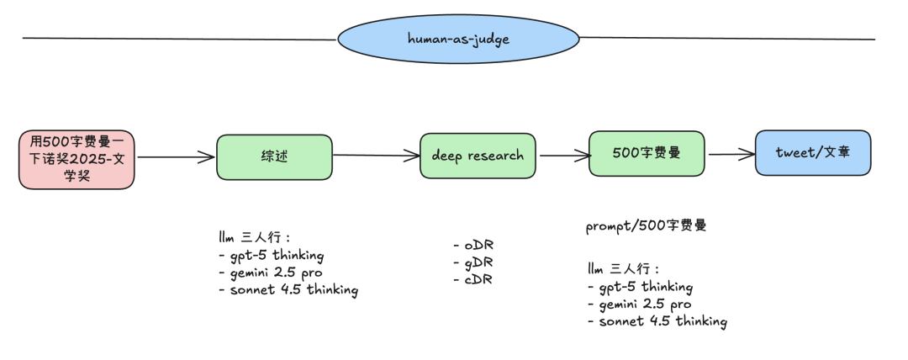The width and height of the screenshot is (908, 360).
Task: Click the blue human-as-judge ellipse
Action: (458, 39)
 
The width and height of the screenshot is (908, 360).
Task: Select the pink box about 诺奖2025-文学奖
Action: (77, 160)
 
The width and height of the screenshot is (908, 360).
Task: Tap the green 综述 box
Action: (274, 157)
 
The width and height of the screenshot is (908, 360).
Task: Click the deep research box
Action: (478, 156)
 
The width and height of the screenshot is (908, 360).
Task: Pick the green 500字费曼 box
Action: (647, 153)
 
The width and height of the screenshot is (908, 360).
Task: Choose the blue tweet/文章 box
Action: (813, 152)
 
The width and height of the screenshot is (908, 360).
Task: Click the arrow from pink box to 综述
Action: (176, 156)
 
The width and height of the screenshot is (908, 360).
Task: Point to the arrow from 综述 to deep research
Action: (377, 155)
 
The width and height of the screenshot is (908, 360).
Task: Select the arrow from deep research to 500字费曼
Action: (565, 155)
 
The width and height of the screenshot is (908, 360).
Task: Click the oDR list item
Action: (473, 246)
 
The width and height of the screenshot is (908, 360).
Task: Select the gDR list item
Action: (473, 262)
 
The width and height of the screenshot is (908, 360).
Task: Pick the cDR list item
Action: (473, 279)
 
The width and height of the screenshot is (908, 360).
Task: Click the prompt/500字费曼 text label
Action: (647, 225)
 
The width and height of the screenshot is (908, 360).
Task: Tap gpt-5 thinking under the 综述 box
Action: (271, 255)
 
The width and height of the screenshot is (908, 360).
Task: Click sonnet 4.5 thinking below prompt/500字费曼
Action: (657, 320)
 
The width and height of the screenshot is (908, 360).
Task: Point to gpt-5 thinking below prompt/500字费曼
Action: (640, 287)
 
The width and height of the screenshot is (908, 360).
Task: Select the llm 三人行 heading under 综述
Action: (254, 237)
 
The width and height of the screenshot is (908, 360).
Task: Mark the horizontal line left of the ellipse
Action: (180, 39)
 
